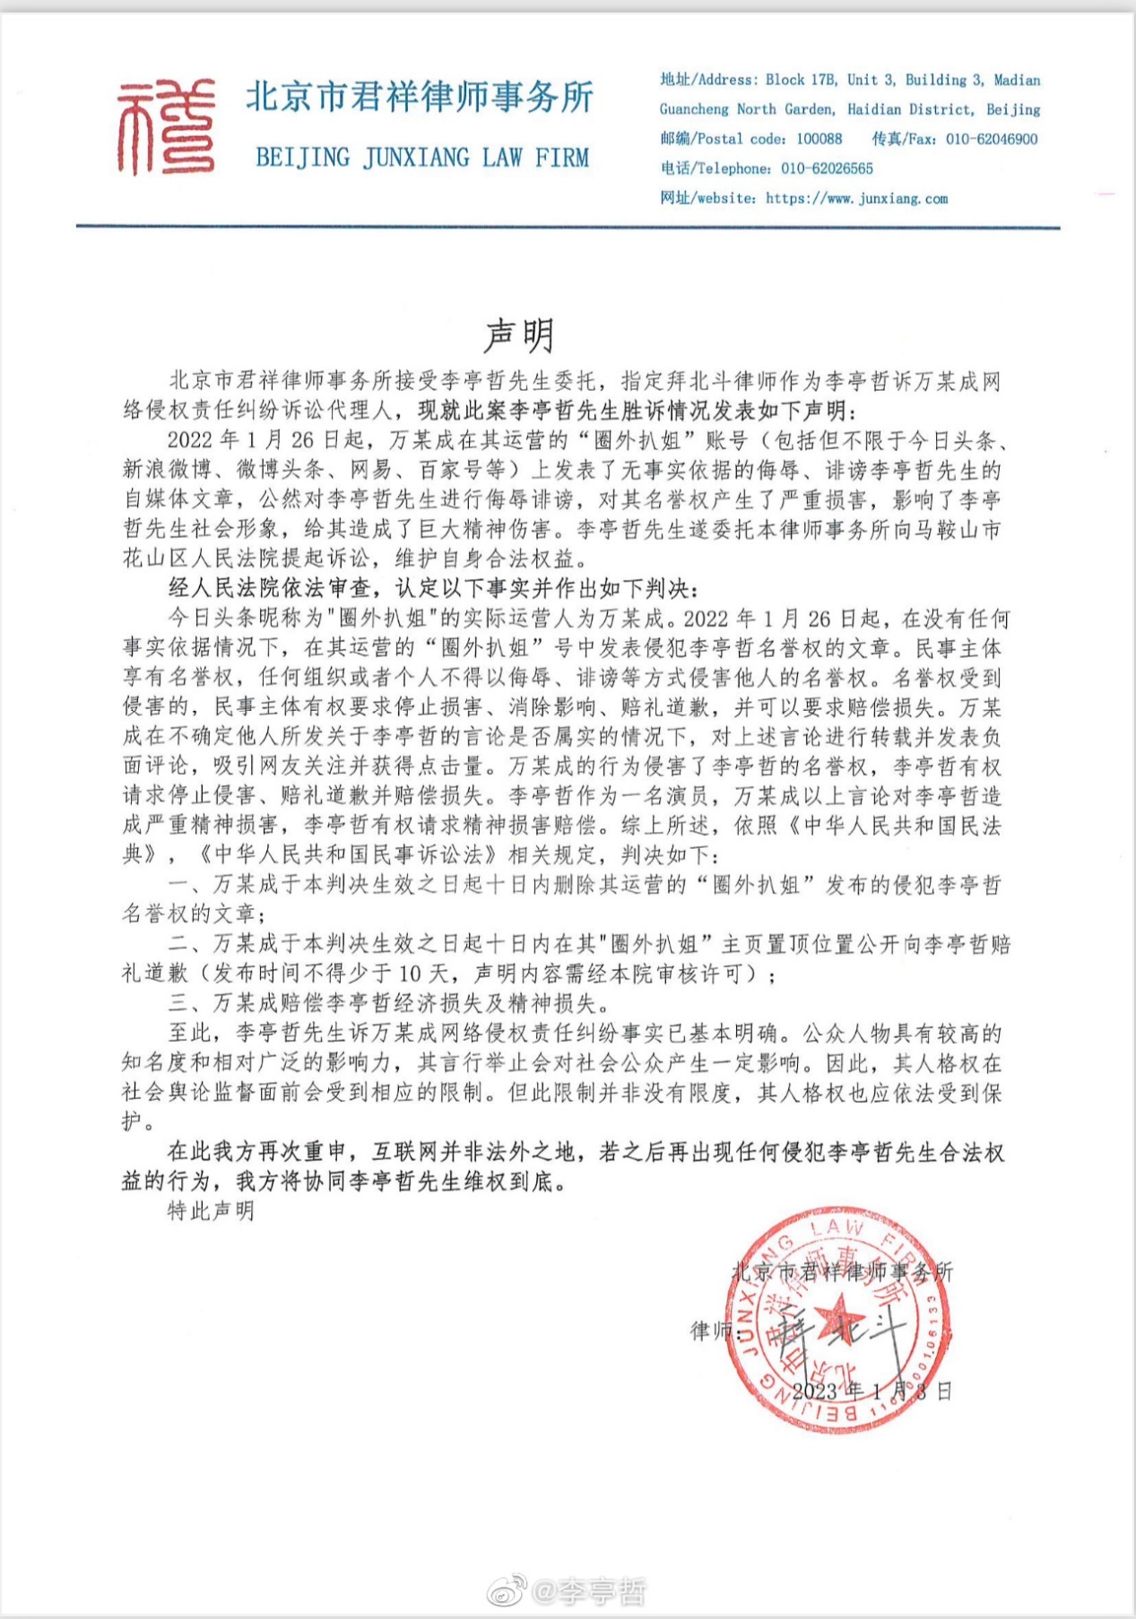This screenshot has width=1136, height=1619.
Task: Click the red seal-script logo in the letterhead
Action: click(166, 126)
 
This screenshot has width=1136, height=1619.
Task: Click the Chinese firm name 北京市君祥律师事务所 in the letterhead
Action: click(420, 97)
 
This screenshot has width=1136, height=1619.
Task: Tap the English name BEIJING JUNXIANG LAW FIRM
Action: click(422, 158)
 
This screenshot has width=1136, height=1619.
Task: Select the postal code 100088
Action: click(819, 139)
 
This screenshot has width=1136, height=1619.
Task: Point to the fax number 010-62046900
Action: click(992, 139)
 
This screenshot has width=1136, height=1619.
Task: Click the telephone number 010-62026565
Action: click(827, 169)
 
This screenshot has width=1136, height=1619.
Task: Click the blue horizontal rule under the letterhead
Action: click(568, 227)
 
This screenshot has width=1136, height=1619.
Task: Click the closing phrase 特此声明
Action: click(212, 1211)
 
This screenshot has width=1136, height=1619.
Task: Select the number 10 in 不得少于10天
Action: click(410, 974)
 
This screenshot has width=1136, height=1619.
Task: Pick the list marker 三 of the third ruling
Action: click(178, 1003)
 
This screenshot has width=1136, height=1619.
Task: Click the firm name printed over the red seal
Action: click(842, 1271)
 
